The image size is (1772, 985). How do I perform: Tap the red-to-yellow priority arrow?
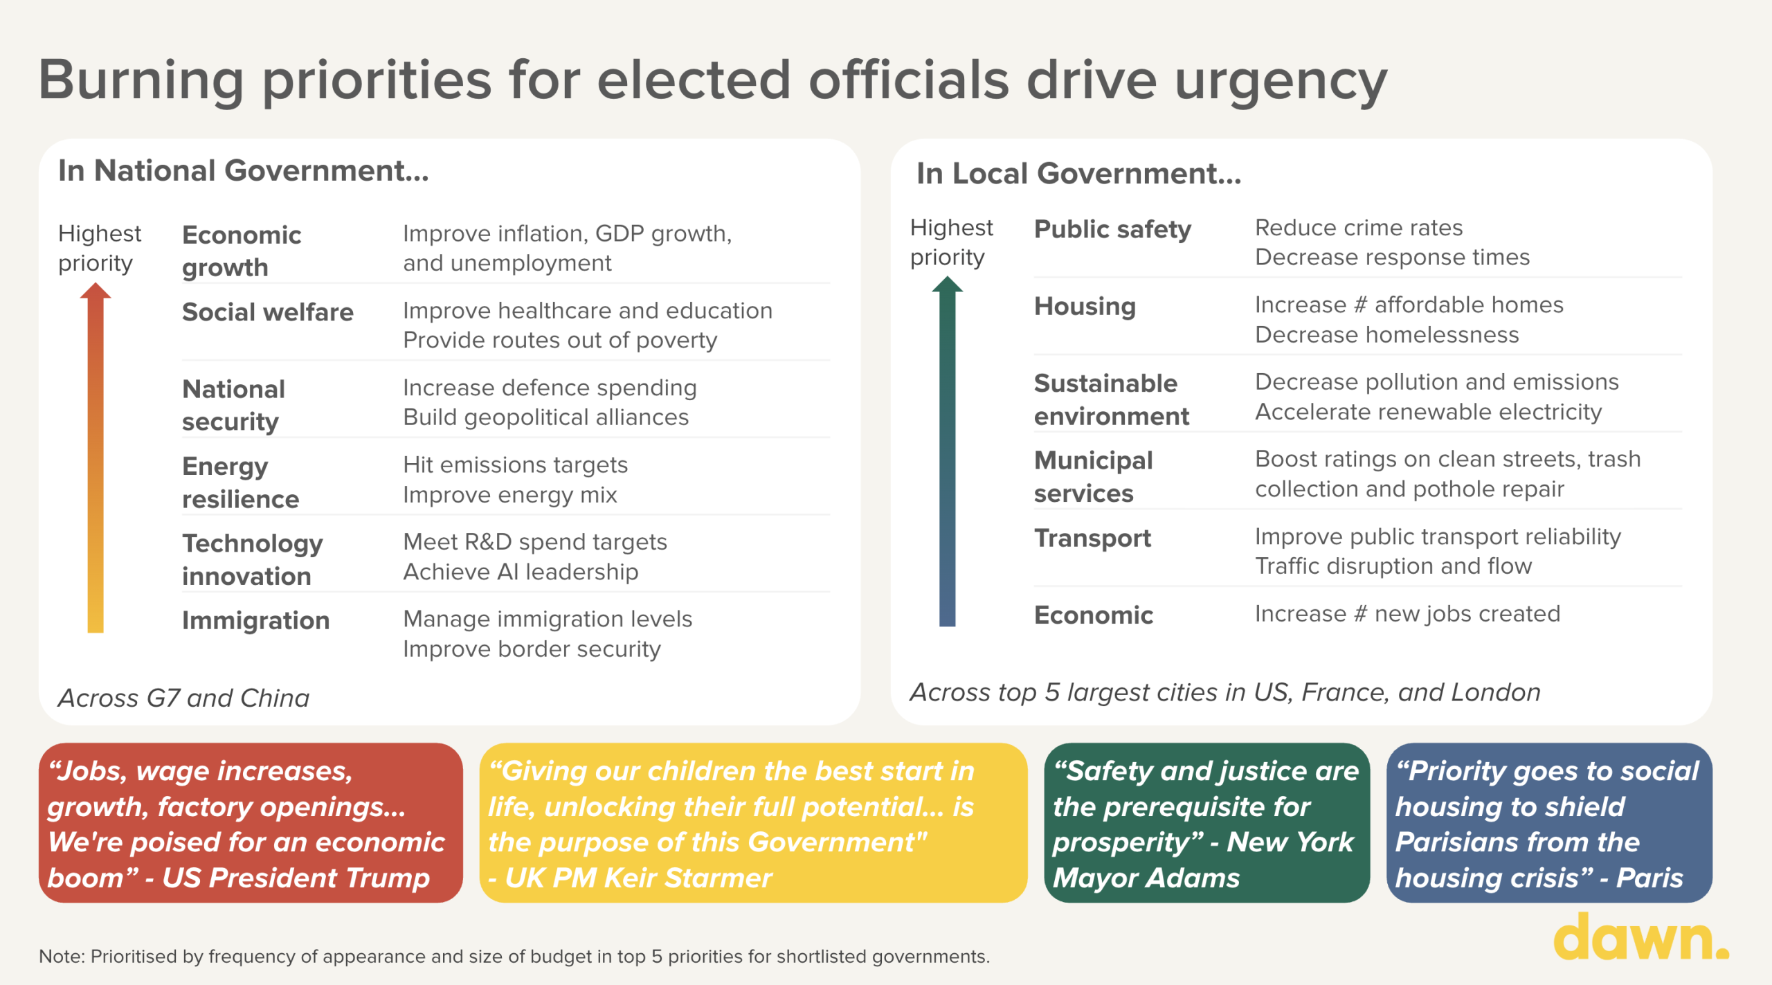tap(96, 458)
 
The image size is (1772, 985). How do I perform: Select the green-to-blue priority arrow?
tap(947, 451)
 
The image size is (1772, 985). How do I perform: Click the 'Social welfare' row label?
tap(268, 312)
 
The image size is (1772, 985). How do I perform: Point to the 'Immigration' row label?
tap(256, 621)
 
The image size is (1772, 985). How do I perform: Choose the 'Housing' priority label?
tap(1085, 307)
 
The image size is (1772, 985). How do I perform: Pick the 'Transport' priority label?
tap(1092, 538)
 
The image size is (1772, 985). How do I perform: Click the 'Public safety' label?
tap(1112, 230)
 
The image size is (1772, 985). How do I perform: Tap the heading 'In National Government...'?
tap(244, 171)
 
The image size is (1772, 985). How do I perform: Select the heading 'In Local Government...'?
tap(1079, 174)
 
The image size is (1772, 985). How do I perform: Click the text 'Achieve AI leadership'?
tap(521, 572)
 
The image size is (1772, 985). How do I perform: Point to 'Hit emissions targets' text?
tap(516, 465)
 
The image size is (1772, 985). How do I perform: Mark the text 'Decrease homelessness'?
tap(1387, 335)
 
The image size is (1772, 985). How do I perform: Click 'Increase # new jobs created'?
tap(1408, 614)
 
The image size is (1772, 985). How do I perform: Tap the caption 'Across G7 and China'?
tap(183, 698)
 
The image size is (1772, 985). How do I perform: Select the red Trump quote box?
tap(251, 823)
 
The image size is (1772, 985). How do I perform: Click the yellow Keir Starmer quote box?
tap(753, 823)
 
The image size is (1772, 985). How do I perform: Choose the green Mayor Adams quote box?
tap(1206, 823)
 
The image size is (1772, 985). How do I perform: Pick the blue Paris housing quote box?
tap(1549, 823)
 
